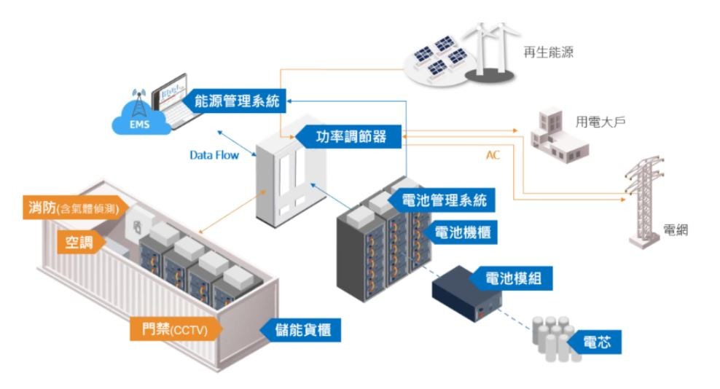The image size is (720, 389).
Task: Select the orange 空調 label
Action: pos(79,242)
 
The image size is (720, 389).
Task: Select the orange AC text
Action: pos(493,155)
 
